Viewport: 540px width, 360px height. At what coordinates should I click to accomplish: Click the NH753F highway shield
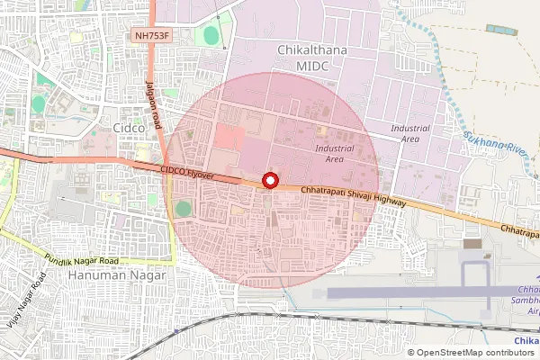tap(150, 36)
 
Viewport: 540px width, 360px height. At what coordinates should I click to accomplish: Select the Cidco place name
tap(125, 128)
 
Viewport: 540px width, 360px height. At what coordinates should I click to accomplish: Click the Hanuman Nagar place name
tap(116, 275)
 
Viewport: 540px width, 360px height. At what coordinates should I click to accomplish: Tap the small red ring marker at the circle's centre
tap(268, 181)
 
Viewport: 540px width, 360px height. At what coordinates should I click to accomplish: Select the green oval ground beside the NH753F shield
tap(211, 36)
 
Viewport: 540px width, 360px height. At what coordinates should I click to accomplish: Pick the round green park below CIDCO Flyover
tap(184, 209)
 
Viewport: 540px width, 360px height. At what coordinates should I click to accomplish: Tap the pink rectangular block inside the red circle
tap(229, 138)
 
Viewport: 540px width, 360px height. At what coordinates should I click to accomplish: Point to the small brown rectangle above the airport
tap(472, 243)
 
